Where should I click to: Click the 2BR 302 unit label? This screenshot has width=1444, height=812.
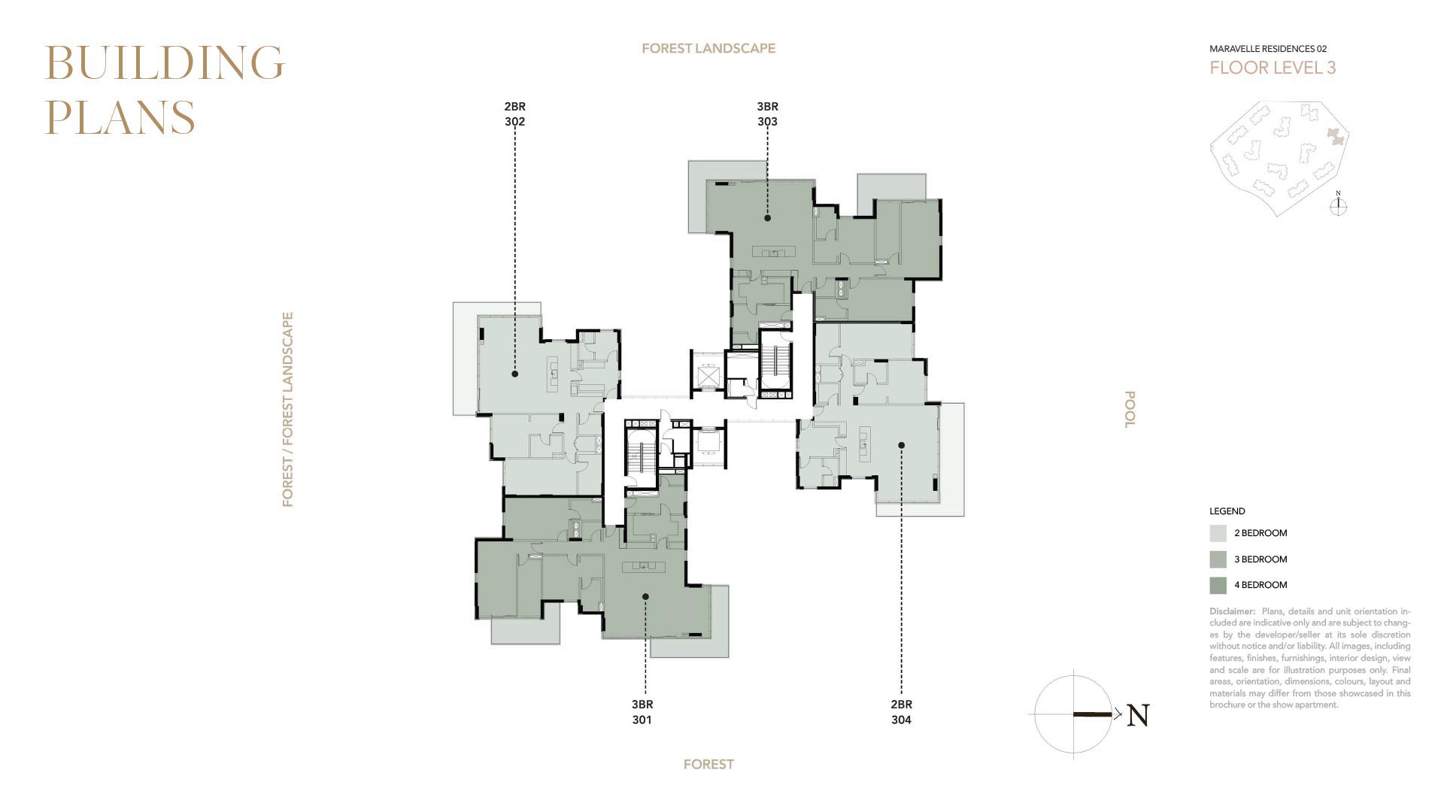point(515,114)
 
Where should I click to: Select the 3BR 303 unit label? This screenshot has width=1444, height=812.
point(767,114)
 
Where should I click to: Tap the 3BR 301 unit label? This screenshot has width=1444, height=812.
point(642,712)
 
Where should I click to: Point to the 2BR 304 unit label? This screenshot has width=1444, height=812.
point(901,712)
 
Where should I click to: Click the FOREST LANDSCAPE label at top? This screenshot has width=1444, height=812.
point(708,48)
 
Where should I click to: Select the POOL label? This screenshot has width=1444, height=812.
point(1129,410)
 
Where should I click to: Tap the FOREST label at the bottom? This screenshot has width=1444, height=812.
point(708,764)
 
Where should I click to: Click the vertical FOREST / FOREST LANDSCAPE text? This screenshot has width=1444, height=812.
point(287,410)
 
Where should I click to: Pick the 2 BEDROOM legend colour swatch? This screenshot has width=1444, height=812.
point(1218,533)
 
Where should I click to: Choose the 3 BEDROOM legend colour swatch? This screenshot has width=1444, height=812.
point(1218,559)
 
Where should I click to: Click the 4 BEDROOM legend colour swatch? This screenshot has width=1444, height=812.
point(1218,585)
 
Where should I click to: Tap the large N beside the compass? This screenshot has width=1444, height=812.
point(1139,715)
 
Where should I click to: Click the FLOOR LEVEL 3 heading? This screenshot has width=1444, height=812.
point(1273,68)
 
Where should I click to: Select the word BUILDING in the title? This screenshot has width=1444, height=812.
point(165,62)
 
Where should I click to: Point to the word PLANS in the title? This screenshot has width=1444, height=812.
point(120,117)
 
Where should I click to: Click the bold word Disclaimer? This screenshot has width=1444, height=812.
point(1233,611)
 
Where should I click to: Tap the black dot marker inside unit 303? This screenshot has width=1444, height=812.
point(768,218)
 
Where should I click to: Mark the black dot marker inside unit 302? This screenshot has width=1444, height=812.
point(515,374)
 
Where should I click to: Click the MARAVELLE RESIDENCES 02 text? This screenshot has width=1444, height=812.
point(1268,49)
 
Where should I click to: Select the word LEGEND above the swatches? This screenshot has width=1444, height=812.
point(1227,511)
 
